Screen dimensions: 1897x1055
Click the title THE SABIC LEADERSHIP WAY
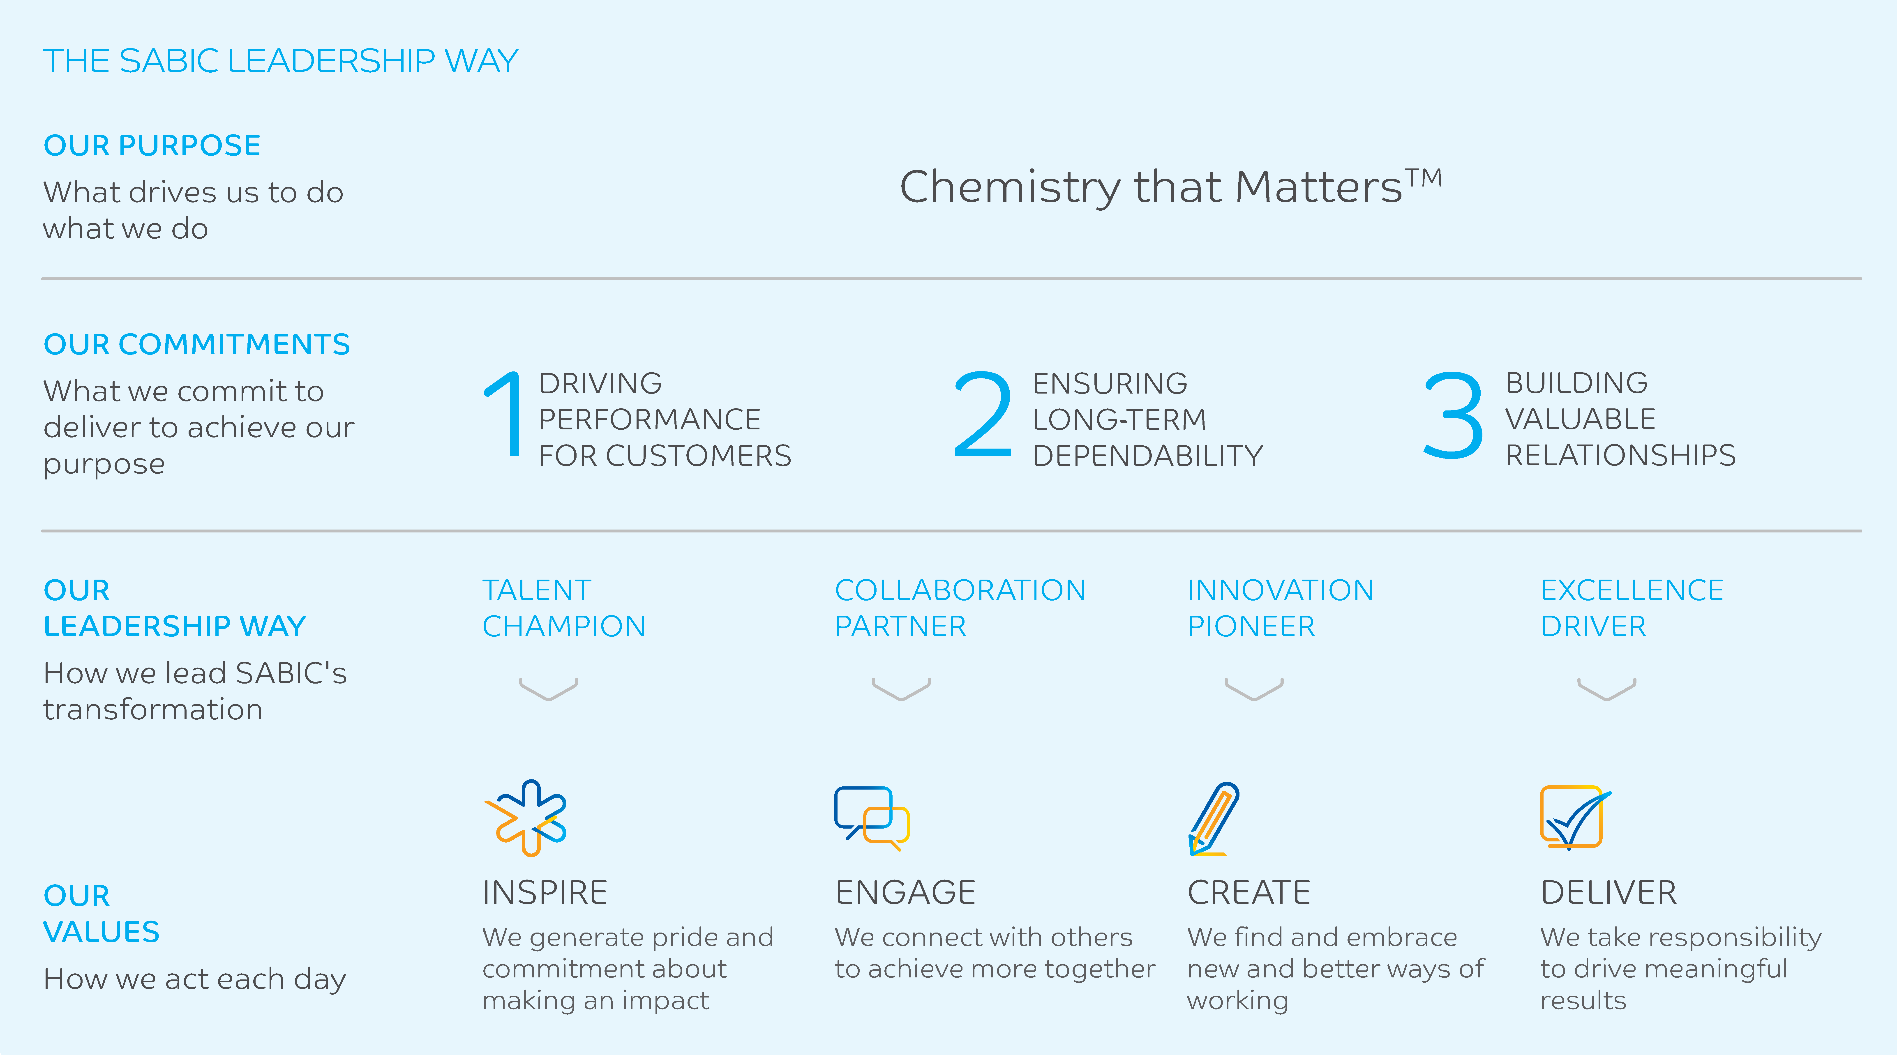281,60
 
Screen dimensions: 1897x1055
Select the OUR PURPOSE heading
152,145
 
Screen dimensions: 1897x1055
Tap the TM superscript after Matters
1424,178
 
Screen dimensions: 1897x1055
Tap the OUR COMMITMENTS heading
197,344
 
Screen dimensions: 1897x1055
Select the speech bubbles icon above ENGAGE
872,817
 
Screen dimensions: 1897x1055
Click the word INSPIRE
545,892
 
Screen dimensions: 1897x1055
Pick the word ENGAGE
905,892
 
